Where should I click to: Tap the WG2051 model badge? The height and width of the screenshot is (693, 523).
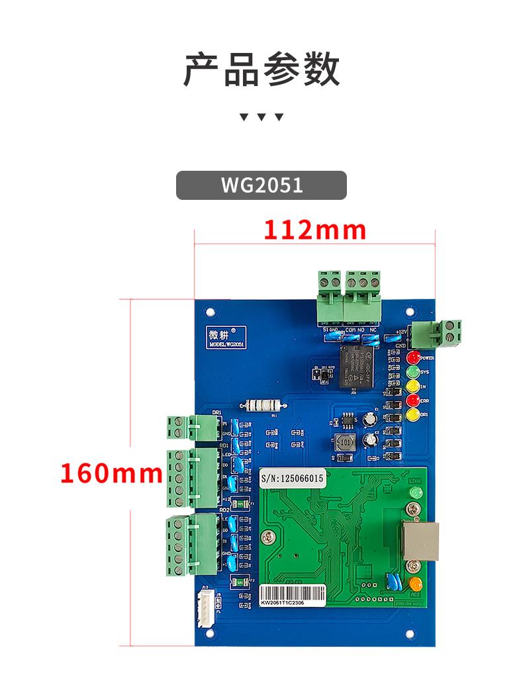click(261, 185)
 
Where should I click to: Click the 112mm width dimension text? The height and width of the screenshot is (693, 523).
click(315, 230)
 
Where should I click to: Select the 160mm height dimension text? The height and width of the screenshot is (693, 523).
click(111, 473)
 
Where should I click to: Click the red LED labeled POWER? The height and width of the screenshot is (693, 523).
click(413, 358)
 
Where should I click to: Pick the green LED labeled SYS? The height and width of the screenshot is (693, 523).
click(413, 372)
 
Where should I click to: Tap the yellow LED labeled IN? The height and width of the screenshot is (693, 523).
click(413, 386)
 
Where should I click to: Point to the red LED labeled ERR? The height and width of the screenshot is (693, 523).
click(413, 400)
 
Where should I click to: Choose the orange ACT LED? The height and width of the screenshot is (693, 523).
click(416, 584)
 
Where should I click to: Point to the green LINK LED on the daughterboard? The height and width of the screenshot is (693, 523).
click(416, 493)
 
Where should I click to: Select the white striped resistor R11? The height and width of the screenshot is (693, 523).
click(263, 406)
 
